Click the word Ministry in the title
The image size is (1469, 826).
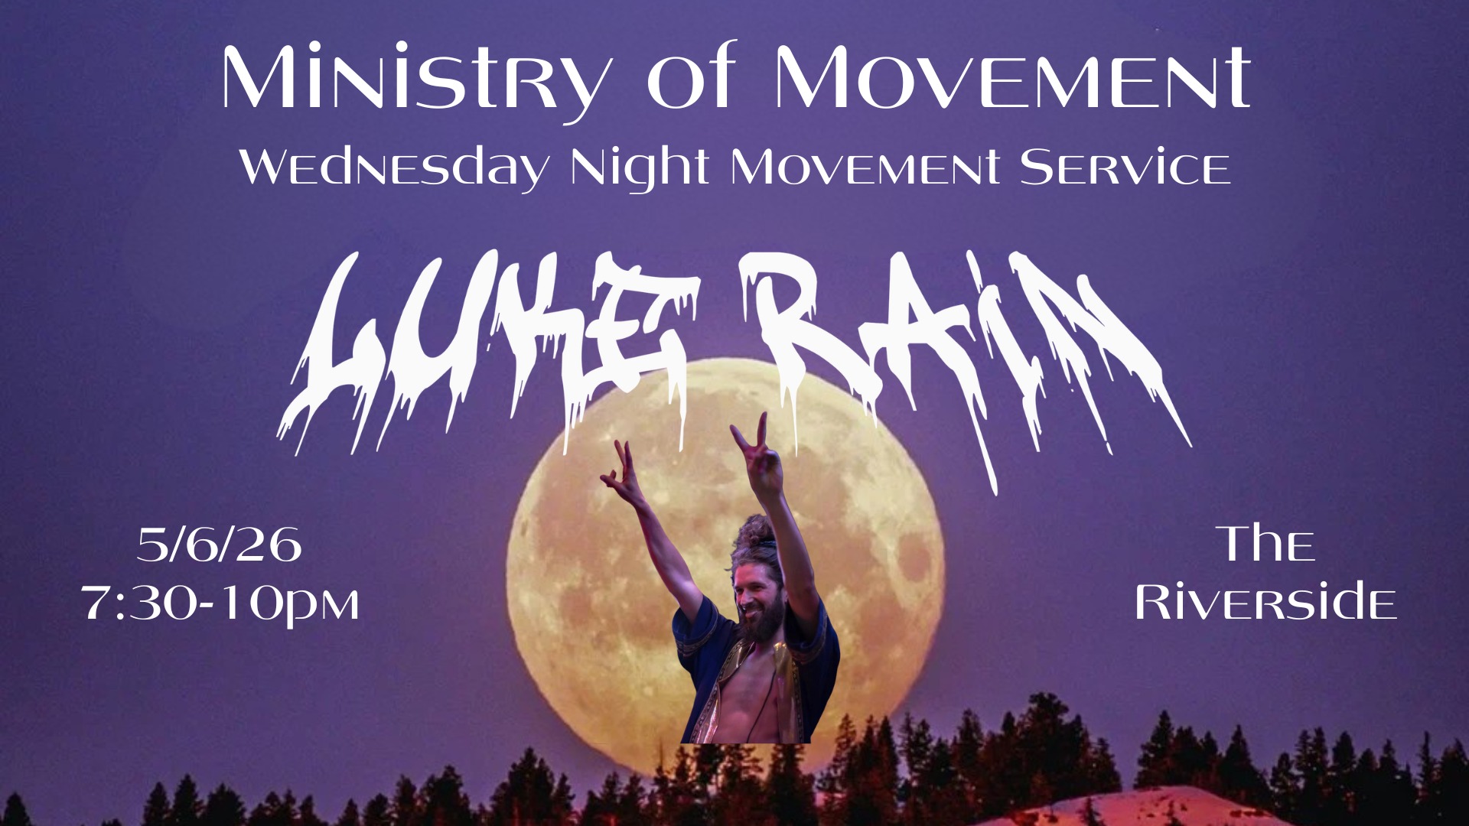click(417, 80)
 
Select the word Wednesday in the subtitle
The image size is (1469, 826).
click(394, 168)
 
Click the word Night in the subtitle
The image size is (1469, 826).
click(640, 168)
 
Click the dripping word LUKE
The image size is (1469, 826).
click(490, 348)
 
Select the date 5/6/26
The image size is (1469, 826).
click(220, 545)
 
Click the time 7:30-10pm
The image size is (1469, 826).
click(220, 604)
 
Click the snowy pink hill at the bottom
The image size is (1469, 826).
click(1148, 809)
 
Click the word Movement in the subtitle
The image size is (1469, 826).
click(865, 167)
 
